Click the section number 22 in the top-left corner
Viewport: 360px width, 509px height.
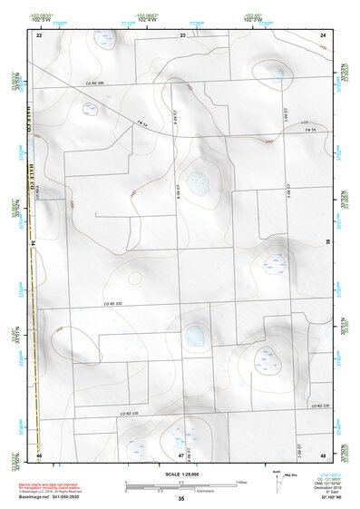pyautogui.click(x=39, y=34)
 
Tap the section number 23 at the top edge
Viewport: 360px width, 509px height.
pyautogui.click(x=182, y=34)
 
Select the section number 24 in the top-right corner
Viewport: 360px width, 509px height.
pyautogui.click(x=323, y=34)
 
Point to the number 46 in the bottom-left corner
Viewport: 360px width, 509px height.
pyautogui.click(x=39, y=454)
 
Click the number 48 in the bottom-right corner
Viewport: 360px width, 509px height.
pyautogui.click(x=323, y=454)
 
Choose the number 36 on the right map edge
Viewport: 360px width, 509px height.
pyautogui.click(x=327, y=243)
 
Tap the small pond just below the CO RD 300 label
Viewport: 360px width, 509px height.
pyautogui.click(x=90, y=109)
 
